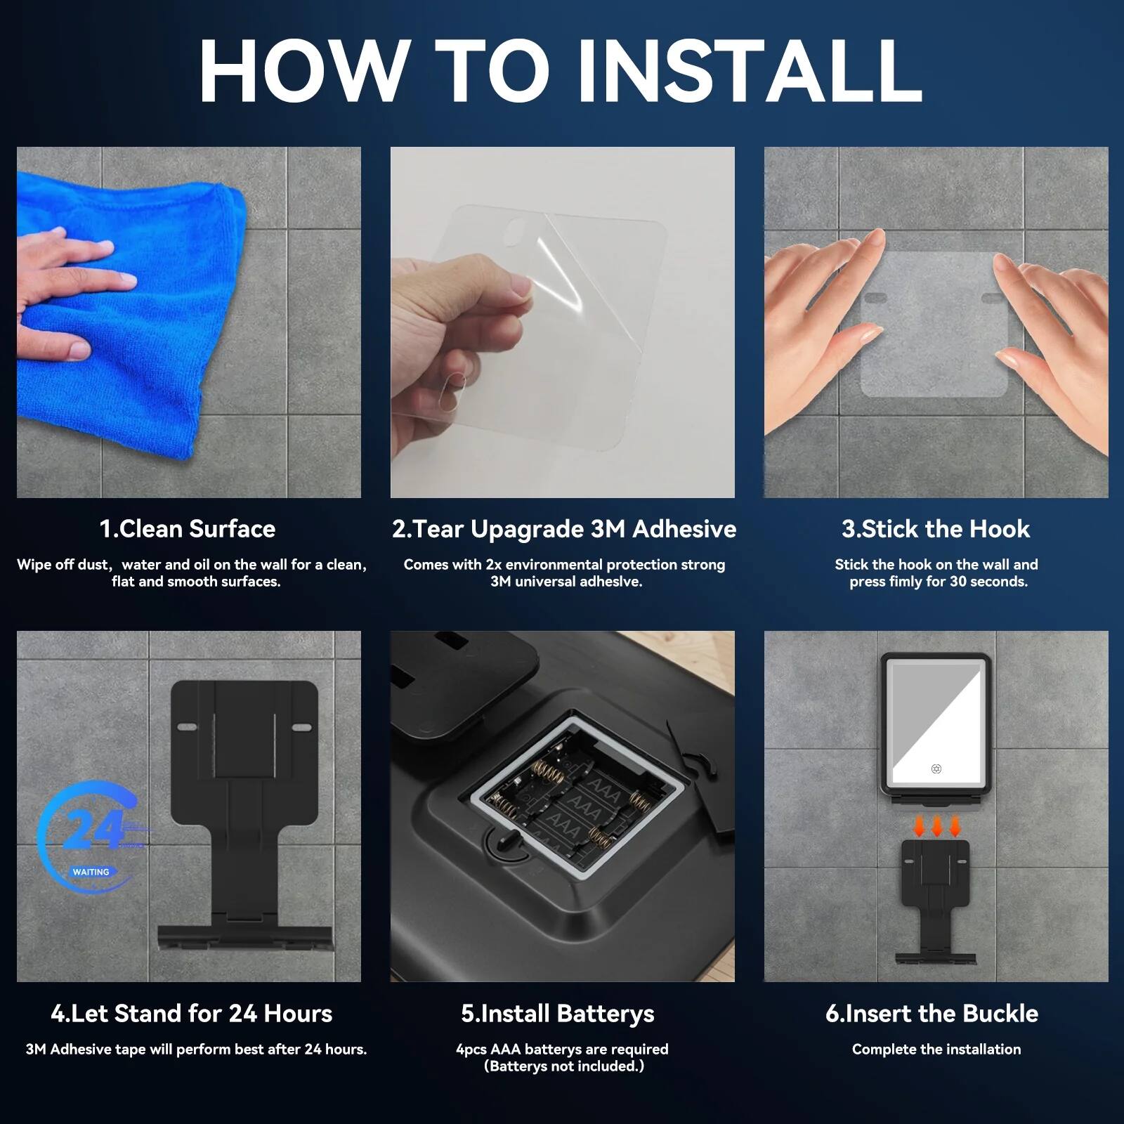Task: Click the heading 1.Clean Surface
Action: [x=188, y=529]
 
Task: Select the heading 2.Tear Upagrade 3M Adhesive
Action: [x=563, y=529]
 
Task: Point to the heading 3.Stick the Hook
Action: [x=936, y=529]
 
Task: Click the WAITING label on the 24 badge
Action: [x=91, y=872]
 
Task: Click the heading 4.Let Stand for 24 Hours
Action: [x=191, y=1014]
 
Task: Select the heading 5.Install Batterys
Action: [x=558, y=1014]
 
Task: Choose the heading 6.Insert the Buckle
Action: [x=932, y=1014]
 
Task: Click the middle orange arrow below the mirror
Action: [x=937, y=827]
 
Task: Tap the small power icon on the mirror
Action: [x=936, y=769]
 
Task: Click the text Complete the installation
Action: [x=936, y=1050]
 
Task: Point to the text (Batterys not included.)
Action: [x=563, y=1066]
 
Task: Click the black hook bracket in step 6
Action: [x=936, y=899]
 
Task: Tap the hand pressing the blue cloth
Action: [x=63, y=295]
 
